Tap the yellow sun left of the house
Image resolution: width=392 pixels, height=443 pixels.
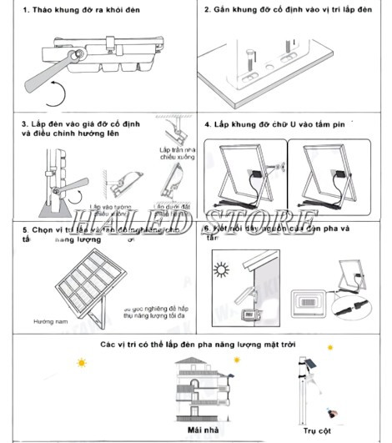[81, 364]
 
